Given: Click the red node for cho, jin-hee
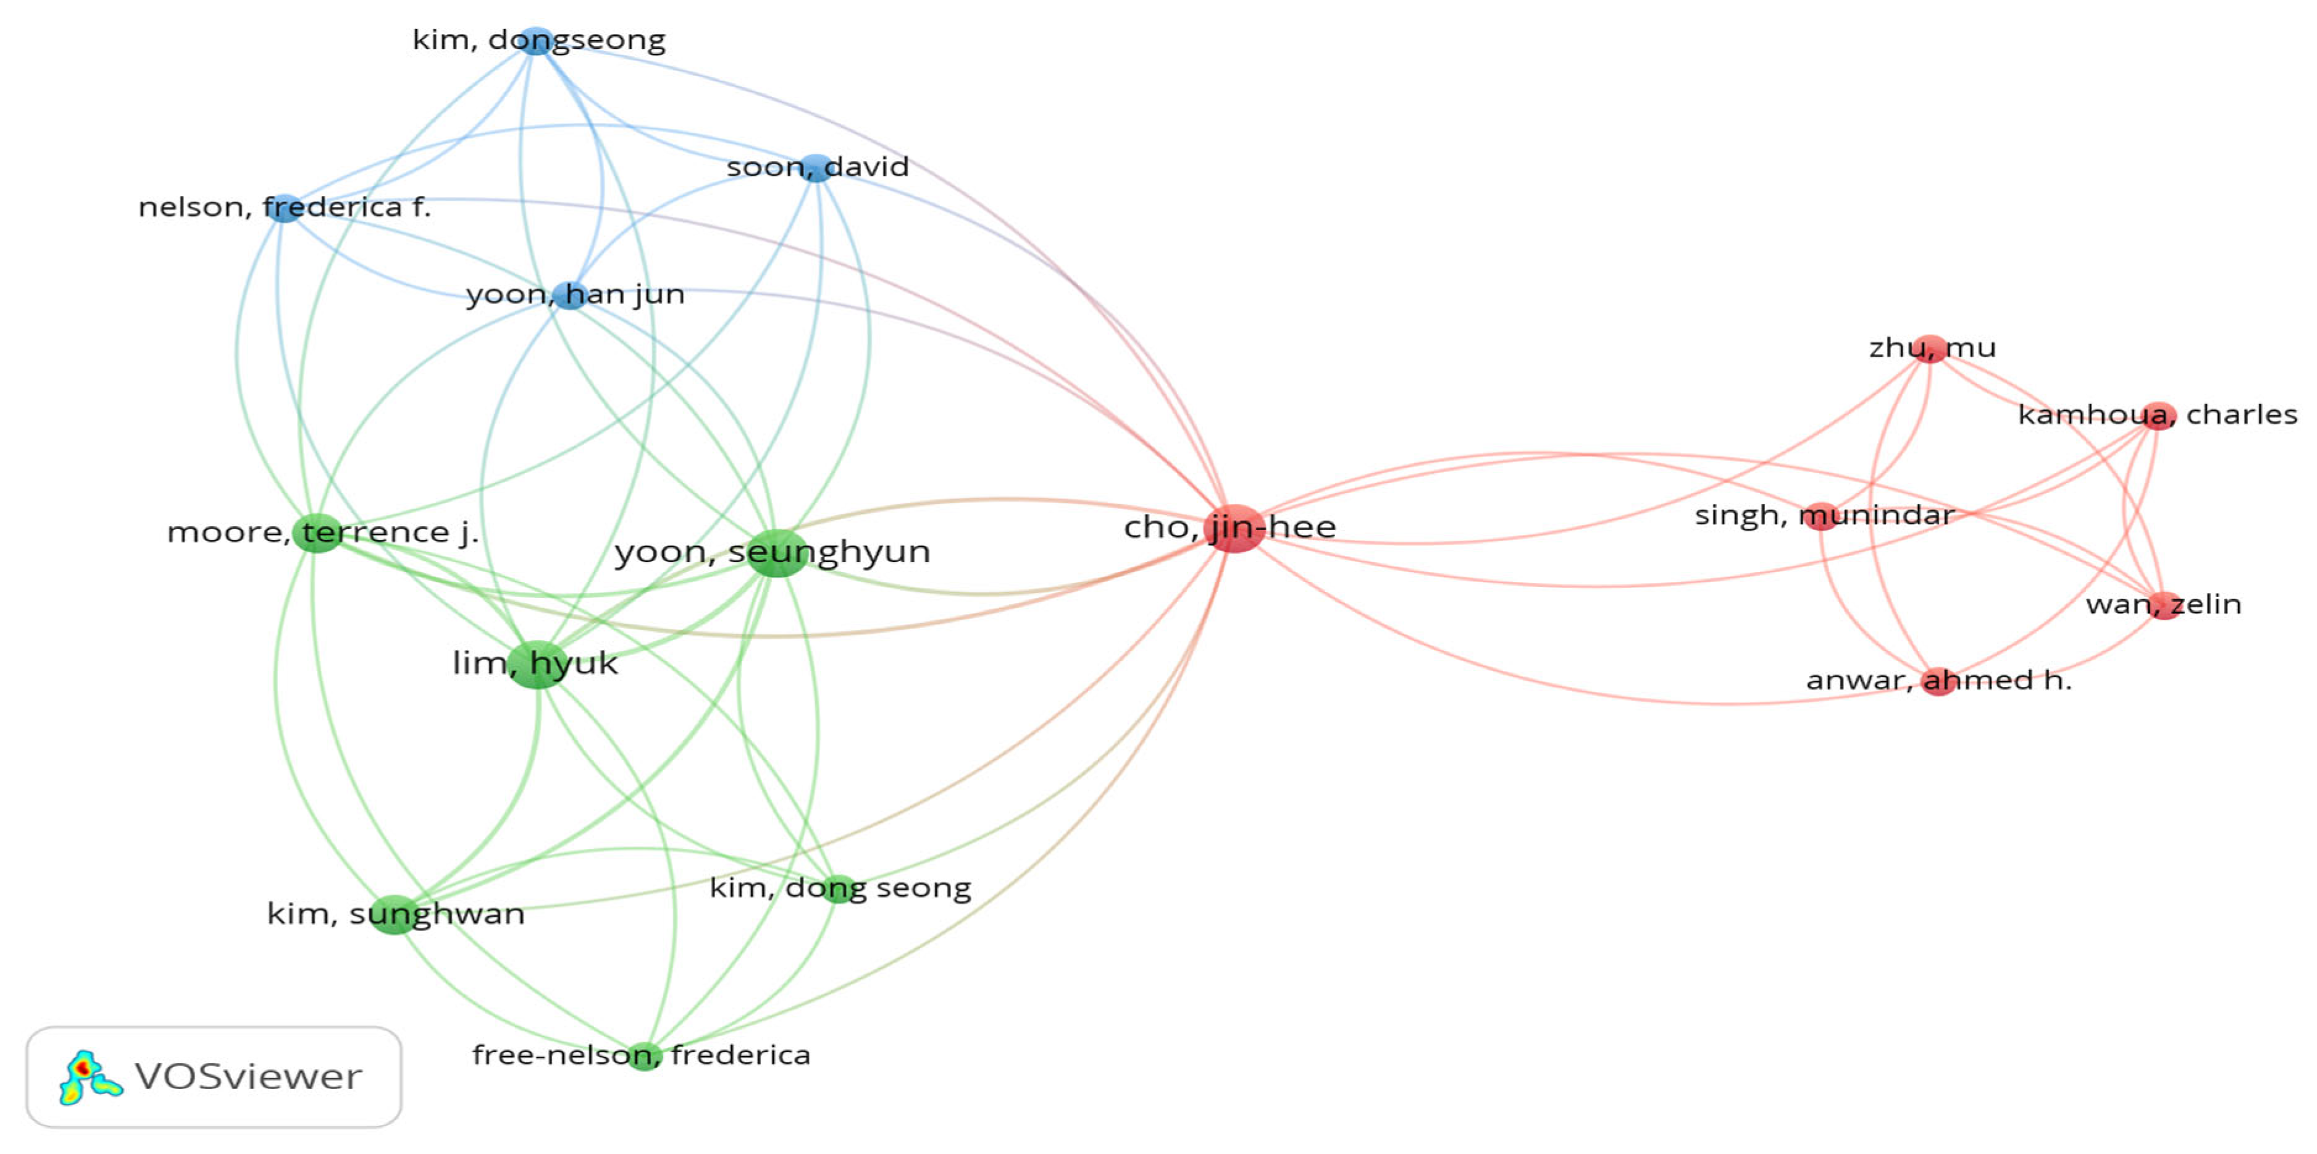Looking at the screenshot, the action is pos(1235,529).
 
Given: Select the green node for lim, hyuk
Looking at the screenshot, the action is pos(537,665).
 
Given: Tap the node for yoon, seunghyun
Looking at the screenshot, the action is pos(776,552).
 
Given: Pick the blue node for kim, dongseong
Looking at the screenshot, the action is pos(536,41).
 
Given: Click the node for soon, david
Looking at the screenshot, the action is pos(816,167).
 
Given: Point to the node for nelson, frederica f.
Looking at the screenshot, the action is pos(284,208).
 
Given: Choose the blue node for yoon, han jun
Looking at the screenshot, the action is pos(570,294).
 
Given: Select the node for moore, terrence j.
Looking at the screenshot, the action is pos(317,533).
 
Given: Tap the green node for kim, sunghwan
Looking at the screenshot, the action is pos(393,915).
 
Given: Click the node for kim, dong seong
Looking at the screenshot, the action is pos(838,888).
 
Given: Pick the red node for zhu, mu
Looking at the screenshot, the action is pos(1930,348).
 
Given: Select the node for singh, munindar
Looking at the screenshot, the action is pos(1820,515).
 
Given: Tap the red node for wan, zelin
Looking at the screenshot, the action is pos(2165,604).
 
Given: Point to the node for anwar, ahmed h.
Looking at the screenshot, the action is pos(1938,681).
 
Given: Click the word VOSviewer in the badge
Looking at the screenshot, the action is pos(248,1077).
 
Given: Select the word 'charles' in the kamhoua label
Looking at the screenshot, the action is pos(2242,415).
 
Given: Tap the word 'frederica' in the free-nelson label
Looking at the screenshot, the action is pos(740,1055).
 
